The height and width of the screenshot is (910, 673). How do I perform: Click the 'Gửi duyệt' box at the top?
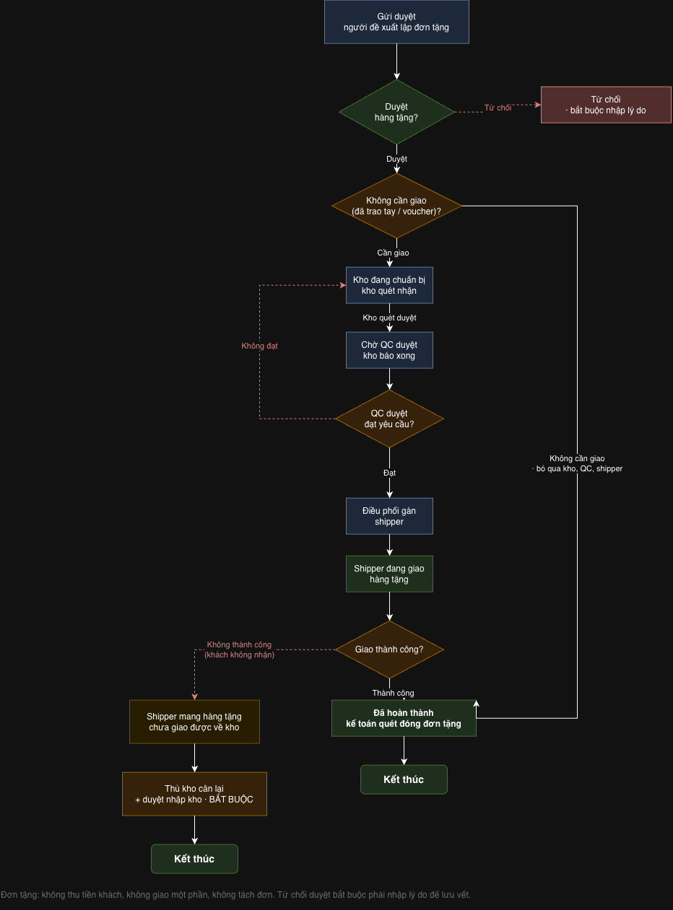(x=396, y=22)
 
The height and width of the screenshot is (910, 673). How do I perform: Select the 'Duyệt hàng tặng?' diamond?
(x=396, y=112)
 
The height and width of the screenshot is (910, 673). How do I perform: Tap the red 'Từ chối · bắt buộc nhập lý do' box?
(x=606, y=105)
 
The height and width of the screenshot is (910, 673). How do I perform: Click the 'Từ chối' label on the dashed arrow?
(x=498, y=108)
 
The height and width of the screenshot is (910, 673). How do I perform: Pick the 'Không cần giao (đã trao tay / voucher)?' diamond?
(x=396, y=206)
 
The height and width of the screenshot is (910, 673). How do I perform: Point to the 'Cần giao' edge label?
(x=393, y=253)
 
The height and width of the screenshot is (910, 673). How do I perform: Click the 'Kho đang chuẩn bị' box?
(x=389, y=285)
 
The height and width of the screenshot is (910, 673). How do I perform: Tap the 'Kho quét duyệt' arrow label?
(x=389, y=318)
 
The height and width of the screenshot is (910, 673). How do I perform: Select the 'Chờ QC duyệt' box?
(x=389, y=350)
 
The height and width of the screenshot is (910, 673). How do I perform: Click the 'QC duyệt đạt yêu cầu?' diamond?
(x=389, y=419)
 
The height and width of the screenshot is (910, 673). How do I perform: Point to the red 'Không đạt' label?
(x=259, y=346)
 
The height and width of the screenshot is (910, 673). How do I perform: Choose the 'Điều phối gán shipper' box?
(x=389, y=516)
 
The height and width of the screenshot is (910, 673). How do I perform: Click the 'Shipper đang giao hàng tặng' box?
(x=389, y=574)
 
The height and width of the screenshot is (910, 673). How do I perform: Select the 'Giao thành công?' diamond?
(x=389, y=649)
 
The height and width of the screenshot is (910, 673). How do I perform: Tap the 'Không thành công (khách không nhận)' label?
(x=240, y=649)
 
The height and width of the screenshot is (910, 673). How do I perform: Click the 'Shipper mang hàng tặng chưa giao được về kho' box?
(x=194, y=722)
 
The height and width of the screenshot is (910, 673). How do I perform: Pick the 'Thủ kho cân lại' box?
(x=194, y=794)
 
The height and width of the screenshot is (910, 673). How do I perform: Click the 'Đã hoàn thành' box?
(x=404, y=718)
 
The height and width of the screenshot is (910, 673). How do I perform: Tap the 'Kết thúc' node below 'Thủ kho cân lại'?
(x=194, y=859)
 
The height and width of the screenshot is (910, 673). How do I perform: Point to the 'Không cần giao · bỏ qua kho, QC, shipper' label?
(x=578, y=463)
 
